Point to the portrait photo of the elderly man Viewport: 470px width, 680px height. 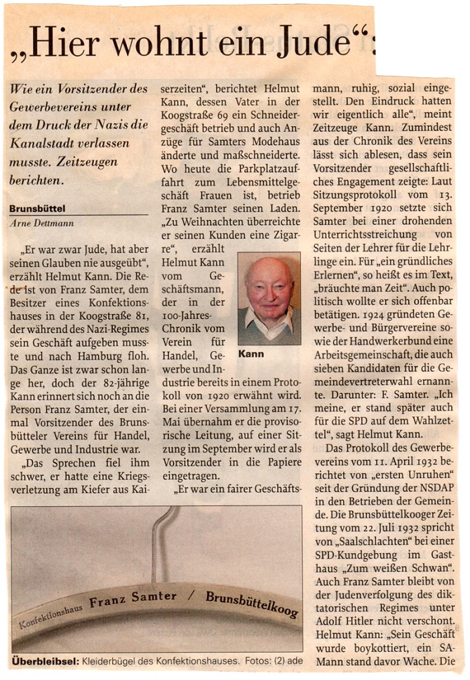(x=269, y=298)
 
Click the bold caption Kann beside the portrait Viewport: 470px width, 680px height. (x=251, y=354)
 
